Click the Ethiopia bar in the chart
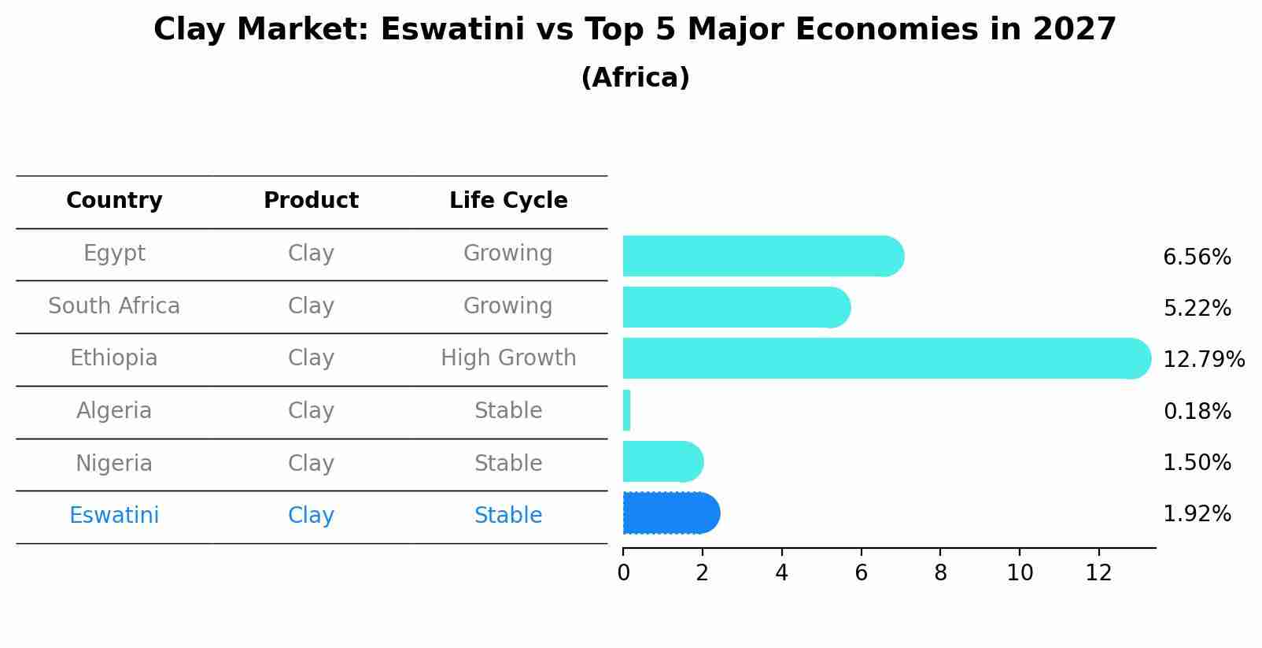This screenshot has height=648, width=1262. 881,358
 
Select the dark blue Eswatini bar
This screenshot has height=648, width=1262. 669,513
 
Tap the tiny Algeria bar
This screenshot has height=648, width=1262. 626,410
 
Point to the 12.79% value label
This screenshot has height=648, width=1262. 1203,360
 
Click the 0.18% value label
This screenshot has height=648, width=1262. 1196,411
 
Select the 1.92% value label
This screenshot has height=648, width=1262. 1196,514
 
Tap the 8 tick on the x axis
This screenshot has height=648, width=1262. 940,573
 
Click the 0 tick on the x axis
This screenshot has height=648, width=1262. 623,573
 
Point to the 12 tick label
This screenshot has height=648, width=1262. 1098,573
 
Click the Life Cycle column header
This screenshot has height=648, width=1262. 508,201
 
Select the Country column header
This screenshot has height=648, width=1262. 114,201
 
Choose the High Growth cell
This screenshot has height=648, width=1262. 508,358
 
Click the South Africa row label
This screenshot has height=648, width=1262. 114,306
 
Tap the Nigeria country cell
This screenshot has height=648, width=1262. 114,464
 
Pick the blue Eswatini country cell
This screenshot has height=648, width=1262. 114,516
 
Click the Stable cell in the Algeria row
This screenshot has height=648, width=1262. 508,411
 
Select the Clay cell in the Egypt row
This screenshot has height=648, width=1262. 311,254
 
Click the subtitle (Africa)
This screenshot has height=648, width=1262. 635,78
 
